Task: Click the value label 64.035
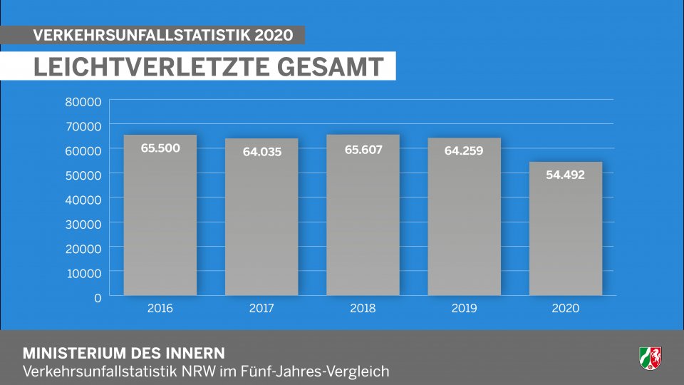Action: pos(261,151)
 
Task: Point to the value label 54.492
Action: pos(566,174)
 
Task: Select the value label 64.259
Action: pos(465,150)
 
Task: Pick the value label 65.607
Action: pos(363,150)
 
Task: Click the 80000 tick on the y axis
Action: pos(83,101)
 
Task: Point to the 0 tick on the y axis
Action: pos(98,297)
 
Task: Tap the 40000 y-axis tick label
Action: pos(83,199)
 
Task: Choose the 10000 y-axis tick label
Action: pos(83,272)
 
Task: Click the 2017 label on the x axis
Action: pos(261,309)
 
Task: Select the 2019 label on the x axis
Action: pos(465,309)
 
